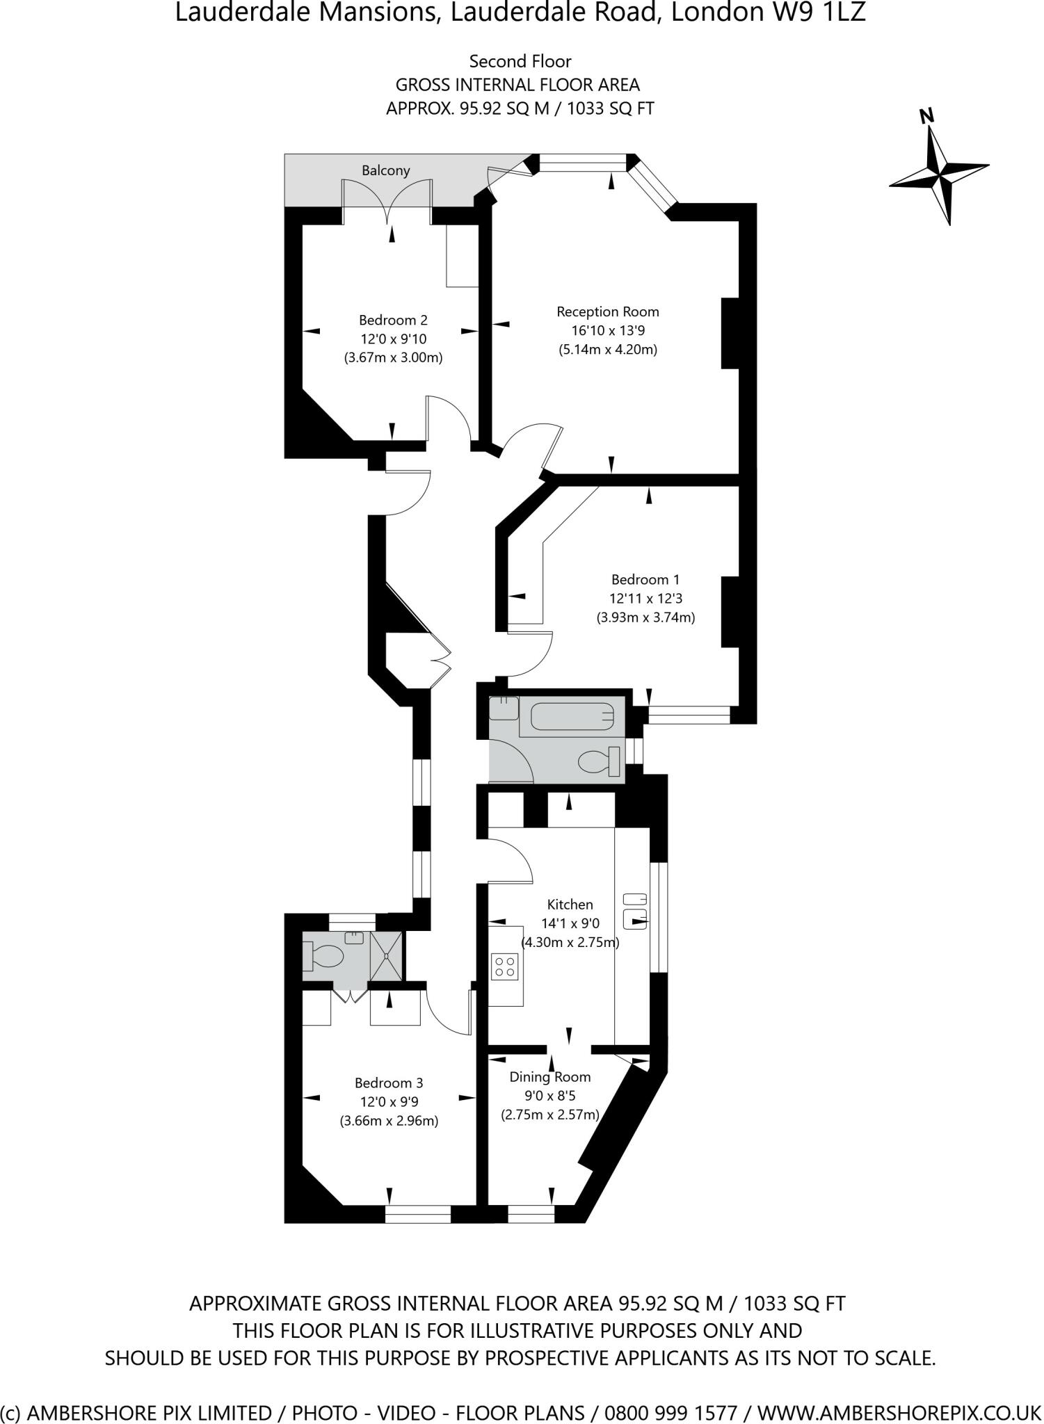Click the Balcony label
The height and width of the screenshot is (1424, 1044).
[x=385, y=170]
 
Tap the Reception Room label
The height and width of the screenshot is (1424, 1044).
[x=607, y=311]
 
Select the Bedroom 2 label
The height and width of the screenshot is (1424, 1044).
[x=393, y=320]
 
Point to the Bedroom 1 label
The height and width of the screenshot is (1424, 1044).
[x=645, y=579]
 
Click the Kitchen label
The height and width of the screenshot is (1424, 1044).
[x=570, y=905]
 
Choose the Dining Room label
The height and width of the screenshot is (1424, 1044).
[x=550, y=1077]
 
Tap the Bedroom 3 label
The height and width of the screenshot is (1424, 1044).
[x=389, y=1083]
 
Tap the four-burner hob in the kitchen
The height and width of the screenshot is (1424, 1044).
[x=505, y=966]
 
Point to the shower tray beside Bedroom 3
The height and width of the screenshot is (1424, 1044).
[x=385, y=955]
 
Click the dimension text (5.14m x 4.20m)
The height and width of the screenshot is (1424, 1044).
[x=608, y=350]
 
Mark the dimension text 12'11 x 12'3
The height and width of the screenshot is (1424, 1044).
[x=641, y=598]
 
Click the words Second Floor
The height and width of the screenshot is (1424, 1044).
[x=520, y=61]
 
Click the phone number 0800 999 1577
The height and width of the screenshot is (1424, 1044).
[x=670, y=1409]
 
